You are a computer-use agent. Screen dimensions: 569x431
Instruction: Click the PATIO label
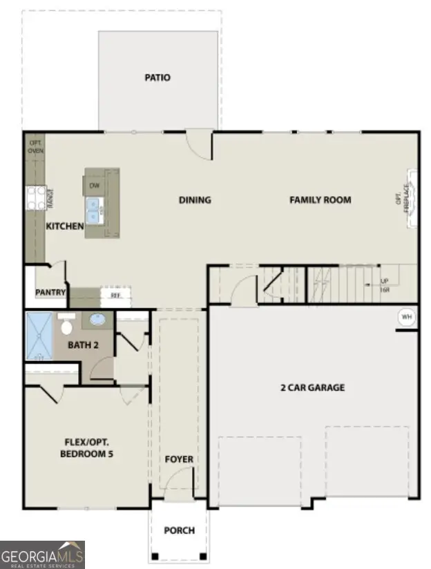[157, 77]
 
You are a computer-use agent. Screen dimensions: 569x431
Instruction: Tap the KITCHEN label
[65, 226]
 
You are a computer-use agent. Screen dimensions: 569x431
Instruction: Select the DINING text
[195, 200]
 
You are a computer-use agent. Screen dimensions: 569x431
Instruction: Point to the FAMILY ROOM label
[320, 200]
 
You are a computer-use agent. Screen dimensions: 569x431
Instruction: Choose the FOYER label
[179, 459]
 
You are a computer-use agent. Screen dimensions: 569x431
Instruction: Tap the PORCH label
[179, 530]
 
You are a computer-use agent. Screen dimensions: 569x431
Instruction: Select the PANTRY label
[50, 293]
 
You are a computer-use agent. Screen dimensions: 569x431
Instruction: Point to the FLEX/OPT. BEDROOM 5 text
[87, 447]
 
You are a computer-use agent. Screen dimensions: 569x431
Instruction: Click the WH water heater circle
[406, 317]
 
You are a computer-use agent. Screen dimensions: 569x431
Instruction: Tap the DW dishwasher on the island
[95, 185]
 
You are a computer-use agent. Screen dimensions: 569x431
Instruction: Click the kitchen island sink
[95, 208]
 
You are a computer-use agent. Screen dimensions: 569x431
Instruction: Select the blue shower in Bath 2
[39, 336]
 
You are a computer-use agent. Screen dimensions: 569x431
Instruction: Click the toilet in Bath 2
[67, 325]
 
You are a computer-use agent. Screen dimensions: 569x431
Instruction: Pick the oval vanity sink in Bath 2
[97, 320]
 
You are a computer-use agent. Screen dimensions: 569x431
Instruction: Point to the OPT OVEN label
[35, 147]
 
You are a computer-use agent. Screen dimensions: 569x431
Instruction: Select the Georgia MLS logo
[42, 554]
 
